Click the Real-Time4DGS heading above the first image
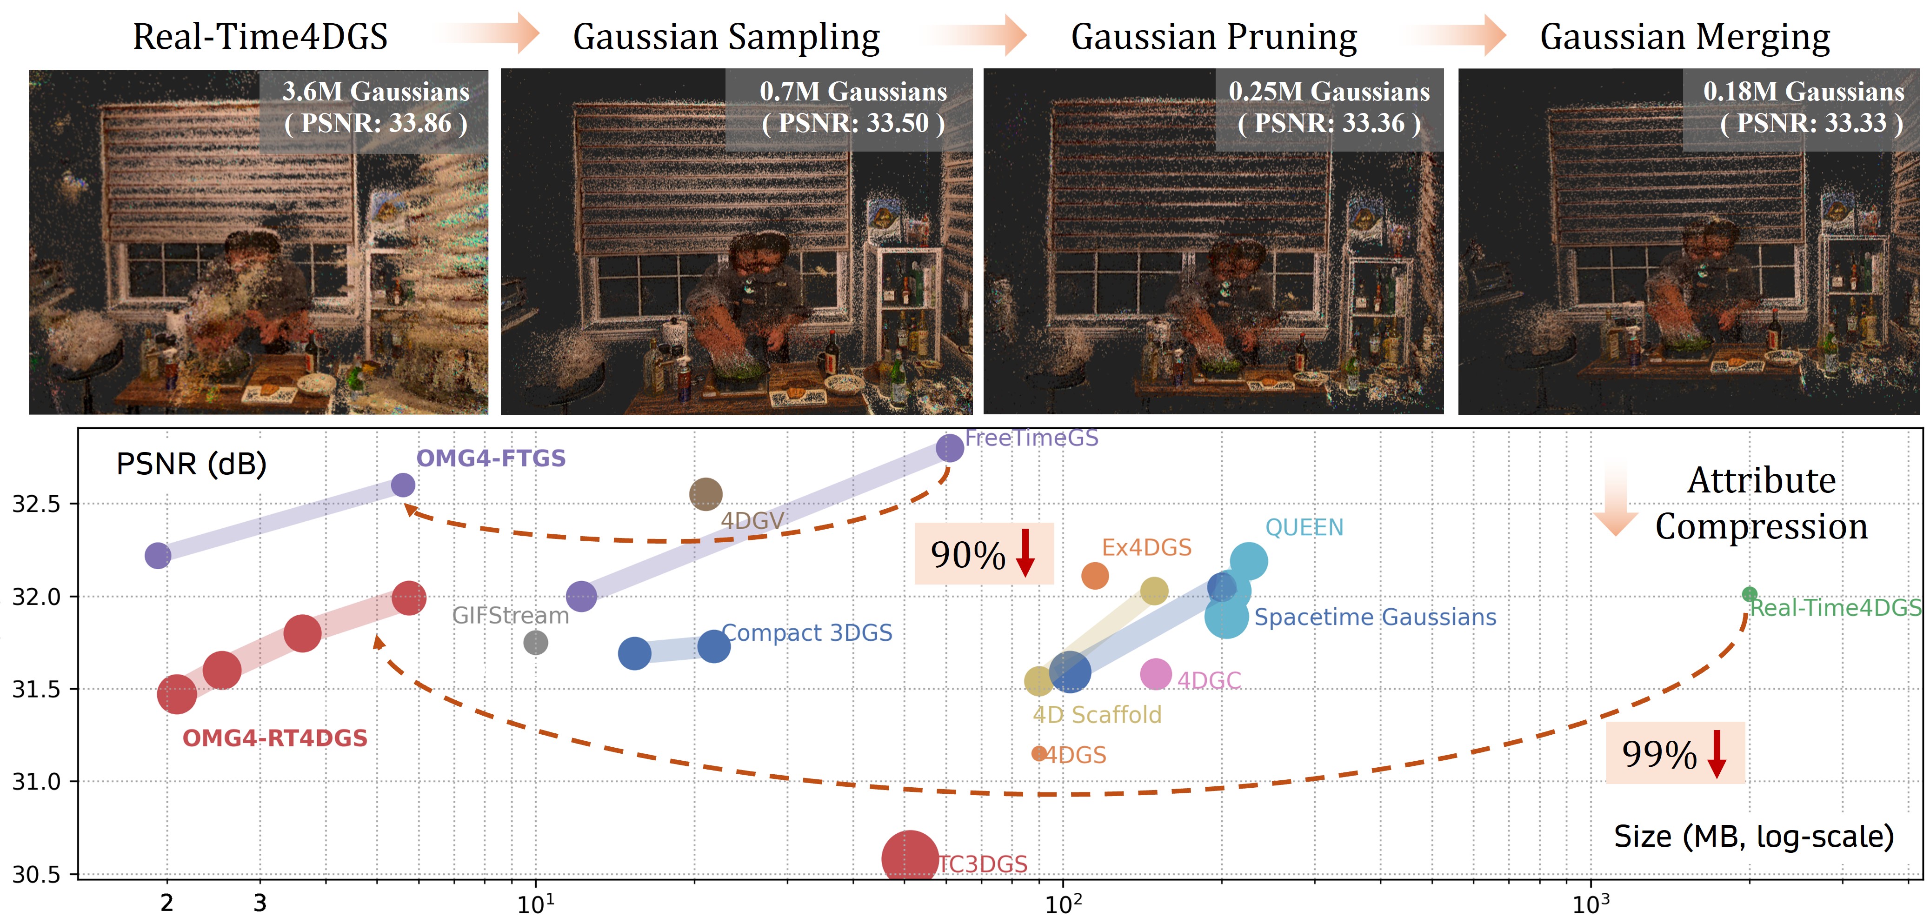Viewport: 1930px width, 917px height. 260,36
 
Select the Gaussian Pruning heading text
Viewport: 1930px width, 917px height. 1214,36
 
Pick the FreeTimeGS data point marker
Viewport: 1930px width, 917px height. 949,448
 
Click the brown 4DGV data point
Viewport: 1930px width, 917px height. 705,494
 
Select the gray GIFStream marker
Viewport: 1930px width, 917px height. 535,642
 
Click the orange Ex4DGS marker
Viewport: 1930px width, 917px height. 1095,576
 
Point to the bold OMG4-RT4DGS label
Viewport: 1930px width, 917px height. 275,738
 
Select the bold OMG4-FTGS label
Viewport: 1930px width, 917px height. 491,458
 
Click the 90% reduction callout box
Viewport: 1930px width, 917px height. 983,554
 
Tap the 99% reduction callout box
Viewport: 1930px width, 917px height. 1675,753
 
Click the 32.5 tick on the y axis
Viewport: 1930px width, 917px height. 36,504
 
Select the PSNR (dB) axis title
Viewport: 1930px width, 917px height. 191,464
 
